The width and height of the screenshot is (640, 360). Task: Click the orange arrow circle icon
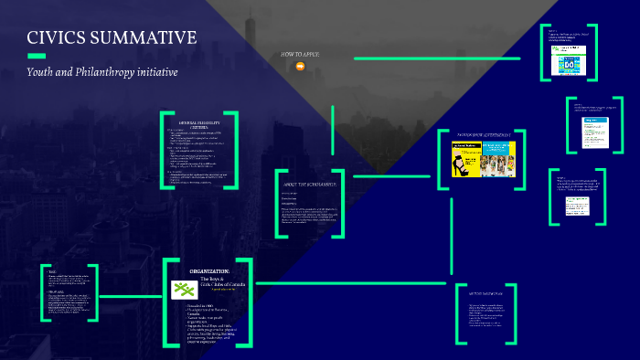point(300,66)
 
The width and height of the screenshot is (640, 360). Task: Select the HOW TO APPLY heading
point(300,55)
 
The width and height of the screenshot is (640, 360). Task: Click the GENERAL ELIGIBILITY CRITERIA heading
point(198,123)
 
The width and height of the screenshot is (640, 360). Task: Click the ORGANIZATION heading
point(210,271)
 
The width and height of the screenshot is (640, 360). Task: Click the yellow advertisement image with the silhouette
point(464,159)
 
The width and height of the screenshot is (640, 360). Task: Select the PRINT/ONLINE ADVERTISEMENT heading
point(484,134)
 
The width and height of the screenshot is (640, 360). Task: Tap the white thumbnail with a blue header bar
point(591,124)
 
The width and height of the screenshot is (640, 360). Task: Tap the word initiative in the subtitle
point(156,71)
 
